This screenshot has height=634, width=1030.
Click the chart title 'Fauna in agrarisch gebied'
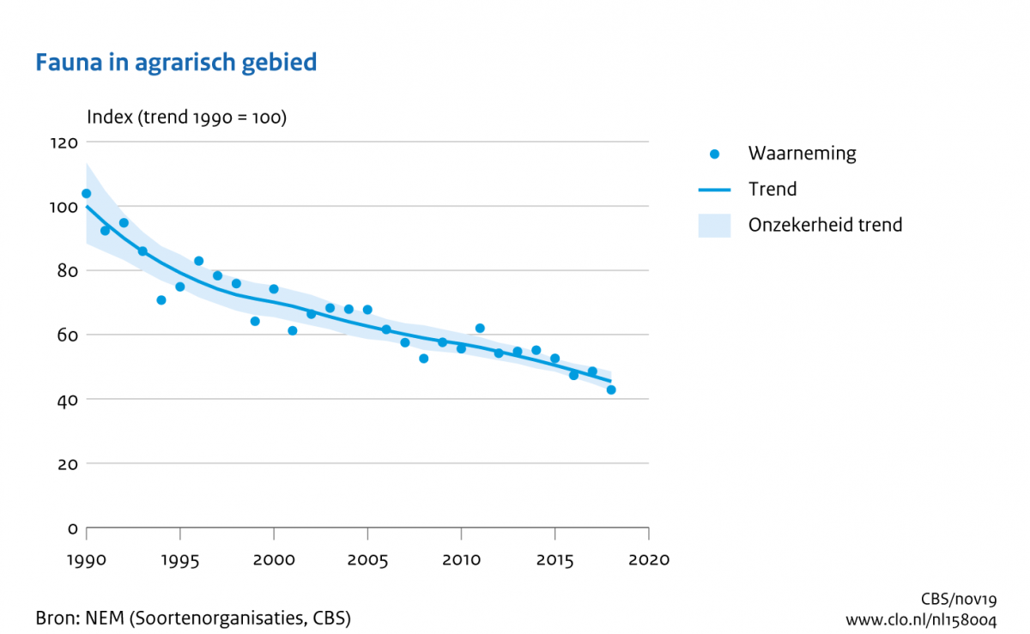(x=176, y=63)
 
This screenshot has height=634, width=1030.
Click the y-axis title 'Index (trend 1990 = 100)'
(x=186, y=118)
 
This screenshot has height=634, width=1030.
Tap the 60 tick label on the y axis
(x=67, y=335)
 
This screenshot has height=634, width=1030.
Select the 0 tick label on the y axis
(x=73, y=528)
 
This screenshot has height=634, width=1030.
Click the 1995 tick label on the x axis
(x=179, y=559)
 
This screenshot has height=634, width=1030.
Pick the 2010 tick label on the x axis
(x=461, y=559)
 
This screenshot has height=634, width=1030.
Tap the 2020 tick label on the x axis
(x=649, y=559)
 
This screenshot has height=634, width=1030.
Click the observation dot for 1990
(x=86, y=194)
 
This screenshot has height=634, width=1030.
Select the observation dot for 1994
(x=161, y=300)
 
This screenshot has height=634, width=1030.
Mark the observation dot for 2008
(x=424, y=359)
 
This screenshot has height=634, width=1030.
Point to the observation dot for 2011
(x=480, y=329)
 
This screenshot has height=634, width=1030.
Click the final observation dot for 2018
(x=611, y=389)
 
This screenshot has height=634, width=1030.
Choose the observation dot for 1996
(x=198, y=261)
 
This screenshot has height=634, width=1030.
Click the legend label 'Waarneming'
(x=802, y=154)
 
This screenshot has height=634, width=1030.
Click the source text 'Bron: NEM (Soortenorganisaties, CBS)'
(x=193, y=618)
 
